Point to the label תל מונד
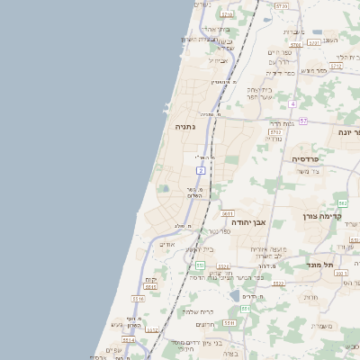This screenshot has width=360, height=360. tap(319, 265)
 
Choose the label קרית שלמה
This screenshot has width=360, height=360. tap(196, 311)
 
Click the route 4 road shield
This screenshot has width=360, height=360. tap(293, 103)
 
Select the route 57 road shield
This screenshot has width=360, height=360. tap(303, 121)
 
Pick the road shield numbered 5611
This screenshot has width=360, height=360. tap(228, 214)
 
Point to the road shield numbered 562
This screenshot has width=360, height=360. tap(343, 203)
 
